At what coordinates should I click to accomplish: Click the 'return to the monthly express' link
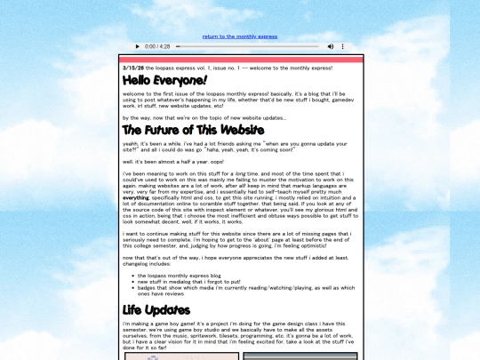point(240,36)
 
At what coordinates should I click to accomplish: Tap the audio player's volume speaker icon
point(331,46)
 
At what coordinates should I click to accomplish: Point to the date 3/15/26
point(133,68)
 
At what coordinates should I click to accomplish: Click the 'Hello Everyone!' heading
point(164,81)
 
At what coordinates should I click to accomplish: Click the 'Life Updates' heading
point(156,310)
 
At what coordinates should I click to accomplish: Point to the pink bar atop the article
point(240,60)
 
